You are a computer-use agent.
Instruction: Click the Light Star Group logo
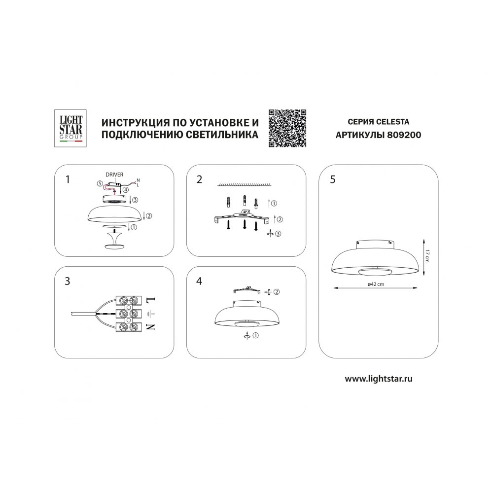click(x=70, y=128)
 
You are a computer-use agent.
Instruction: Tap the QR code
click(x=287, y=128)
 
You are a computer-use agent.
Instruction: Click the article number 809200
click(x=404, y=135)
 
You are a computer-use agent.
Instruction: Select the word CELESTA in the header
click(x=393, y=122)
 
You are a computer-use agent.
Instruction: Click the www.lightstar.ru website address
click(x=379, y=379)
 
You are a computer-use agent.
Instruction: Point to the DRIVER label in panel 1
click(x=114, y=175)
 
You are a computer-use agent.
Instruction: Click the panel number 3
click(x=67, y=281)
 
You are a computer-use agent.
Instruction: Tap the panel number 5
click(x=333, y=179)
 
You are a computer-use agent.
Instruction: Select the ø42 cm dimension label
click(x=376, y=284)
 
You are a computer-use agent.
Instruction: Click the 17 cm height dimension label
click(x=427, y=255)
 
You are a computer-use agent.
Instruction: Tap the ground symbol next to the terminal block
click(x=151, y=314)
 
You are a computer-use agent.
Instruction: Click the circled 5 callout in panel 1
click(x=100, y=183)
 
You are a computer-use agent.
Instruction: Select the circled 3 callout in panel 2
click(x=278, y=234)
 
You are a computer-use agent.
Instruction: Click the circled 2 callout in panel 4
click(x=277, y=292)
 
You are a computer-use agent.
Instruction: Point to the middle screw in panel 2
click(x=245, y=224)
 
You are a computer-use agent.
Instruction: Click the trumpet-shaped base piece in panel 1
click(x=114, y=242)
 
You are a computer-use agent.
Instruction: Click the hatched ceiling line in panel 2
click(x=245, y=184)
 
